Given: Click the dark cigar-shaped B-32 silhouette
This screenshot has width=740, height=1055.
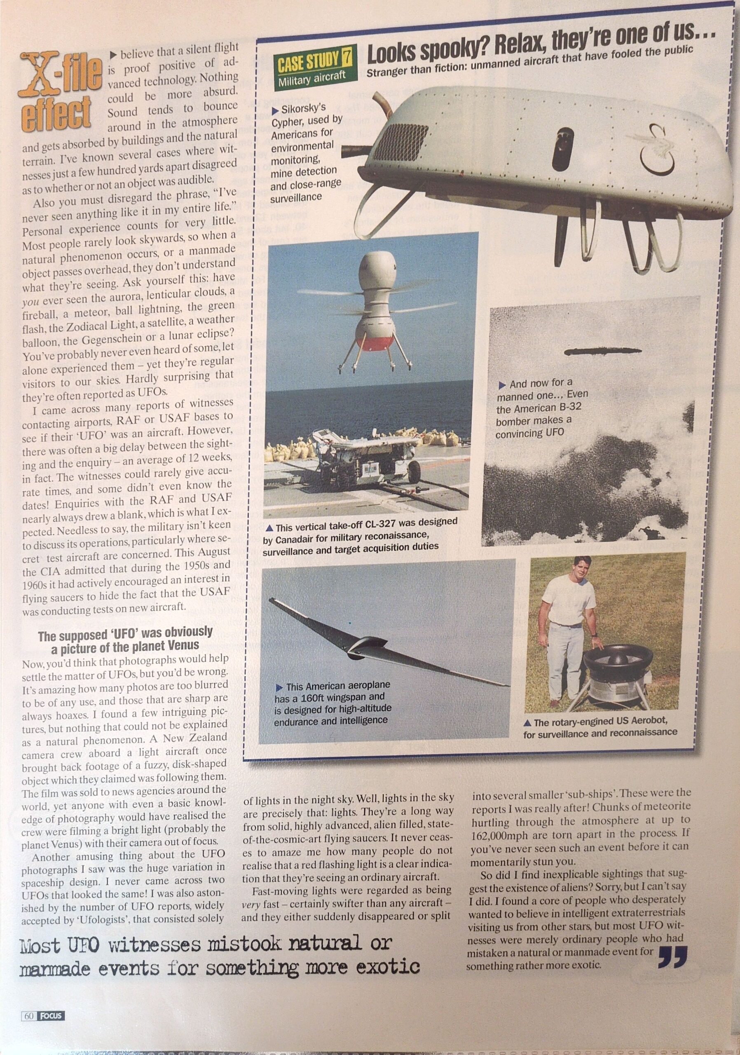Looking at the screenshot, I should pyautogui.click(x=602, y=352).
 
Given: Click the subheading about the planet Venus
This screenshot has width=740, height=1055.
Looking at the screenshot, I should pyautogui.click(x=125, y=640).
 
